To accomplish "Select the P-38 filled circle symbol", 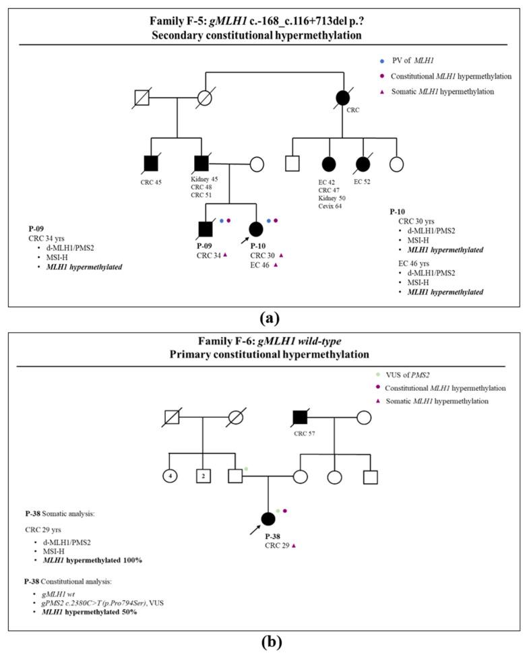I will click(x=268, y=518).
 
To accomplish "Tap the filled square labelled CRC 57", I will click(x=301, y=418).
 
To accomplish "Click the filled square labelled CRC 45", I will click(x=151, y=163).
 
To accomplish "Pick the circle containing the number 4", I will click(x=170, y=476).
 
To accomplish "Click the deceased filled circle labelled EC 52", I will click(x=363, y=163).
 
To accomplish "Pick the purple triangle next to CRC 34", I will click(x=225, y=255).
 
